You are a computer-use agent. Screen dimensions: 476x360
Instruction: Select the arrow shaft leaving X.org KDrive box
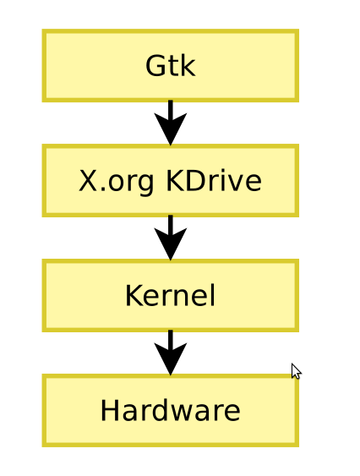coord(171,223)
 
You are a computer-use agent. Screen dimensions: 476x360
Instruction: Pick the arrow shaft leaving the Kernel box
coord(171,338)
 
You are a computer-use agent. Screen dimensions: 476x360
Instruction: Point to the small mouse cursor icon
coord(295,369)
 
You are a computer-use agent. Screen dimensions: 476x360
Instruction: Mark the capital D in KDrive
coord(192,181)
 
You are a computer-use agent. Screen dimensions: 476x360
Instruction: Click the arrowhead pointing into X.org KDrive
coord(171,132)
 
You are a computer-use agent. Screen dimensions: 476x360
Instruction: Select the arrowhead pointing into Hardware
coord(171,362)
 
